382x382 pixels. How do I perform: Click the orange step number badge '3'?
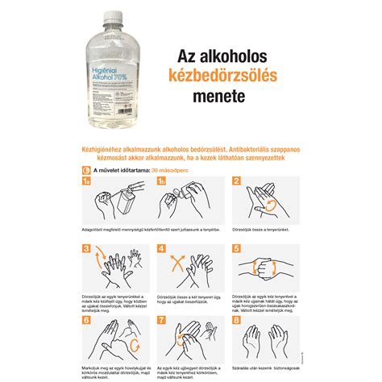click(x=87, y=249)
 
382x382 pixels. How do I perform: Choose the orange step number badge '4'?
click(x=161, y=249)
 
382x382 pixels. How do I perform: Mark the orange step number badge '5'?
click(x=235, y=249)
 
